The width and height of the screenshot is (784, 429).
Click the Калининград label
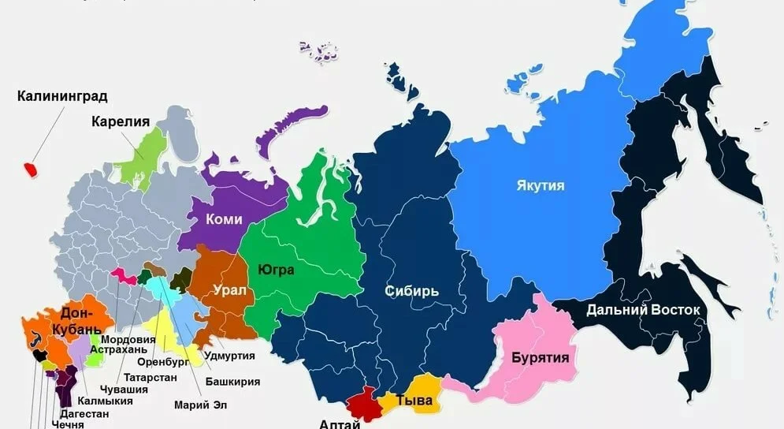click(x=62, y=97)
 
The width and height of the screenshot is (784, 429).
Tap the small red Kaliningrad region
click(x=31, y=170)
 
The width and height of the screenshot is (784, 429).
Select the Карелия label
click(x=121, y=121)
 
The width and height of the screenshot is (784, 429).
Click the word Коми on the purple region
click(x=224, y=220)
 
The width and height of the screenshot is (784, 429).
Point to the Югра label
click(x=276, y=270)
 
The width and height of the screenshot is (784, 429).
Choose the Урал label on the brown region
click(x=229, y=290)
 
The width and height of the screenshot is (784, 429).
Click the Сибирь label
click(x=411, y=291)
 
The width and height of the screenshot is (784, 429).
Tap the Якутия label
click(x=541, y=186)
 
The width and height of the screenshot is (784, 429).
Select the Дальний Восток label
click(x=642, y=310)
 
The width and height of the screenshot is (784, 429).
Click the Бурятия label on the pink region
click(x=541, y=357)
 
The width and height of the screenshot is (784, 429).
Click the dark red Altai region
click(x=364, y=403)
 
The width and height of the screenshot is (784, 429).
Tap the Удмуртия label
click(x=229, y=356)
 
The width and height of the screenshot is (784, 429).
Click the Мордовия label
click(x=128, y=339)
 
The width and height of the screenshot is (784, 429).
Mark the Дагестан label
click(x=83, y=412)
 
